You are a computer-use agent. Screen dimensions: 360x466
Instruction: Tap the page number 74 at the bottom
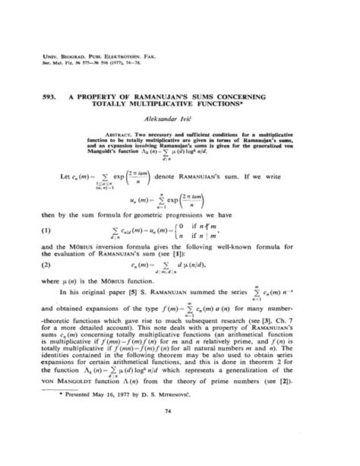180,433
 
